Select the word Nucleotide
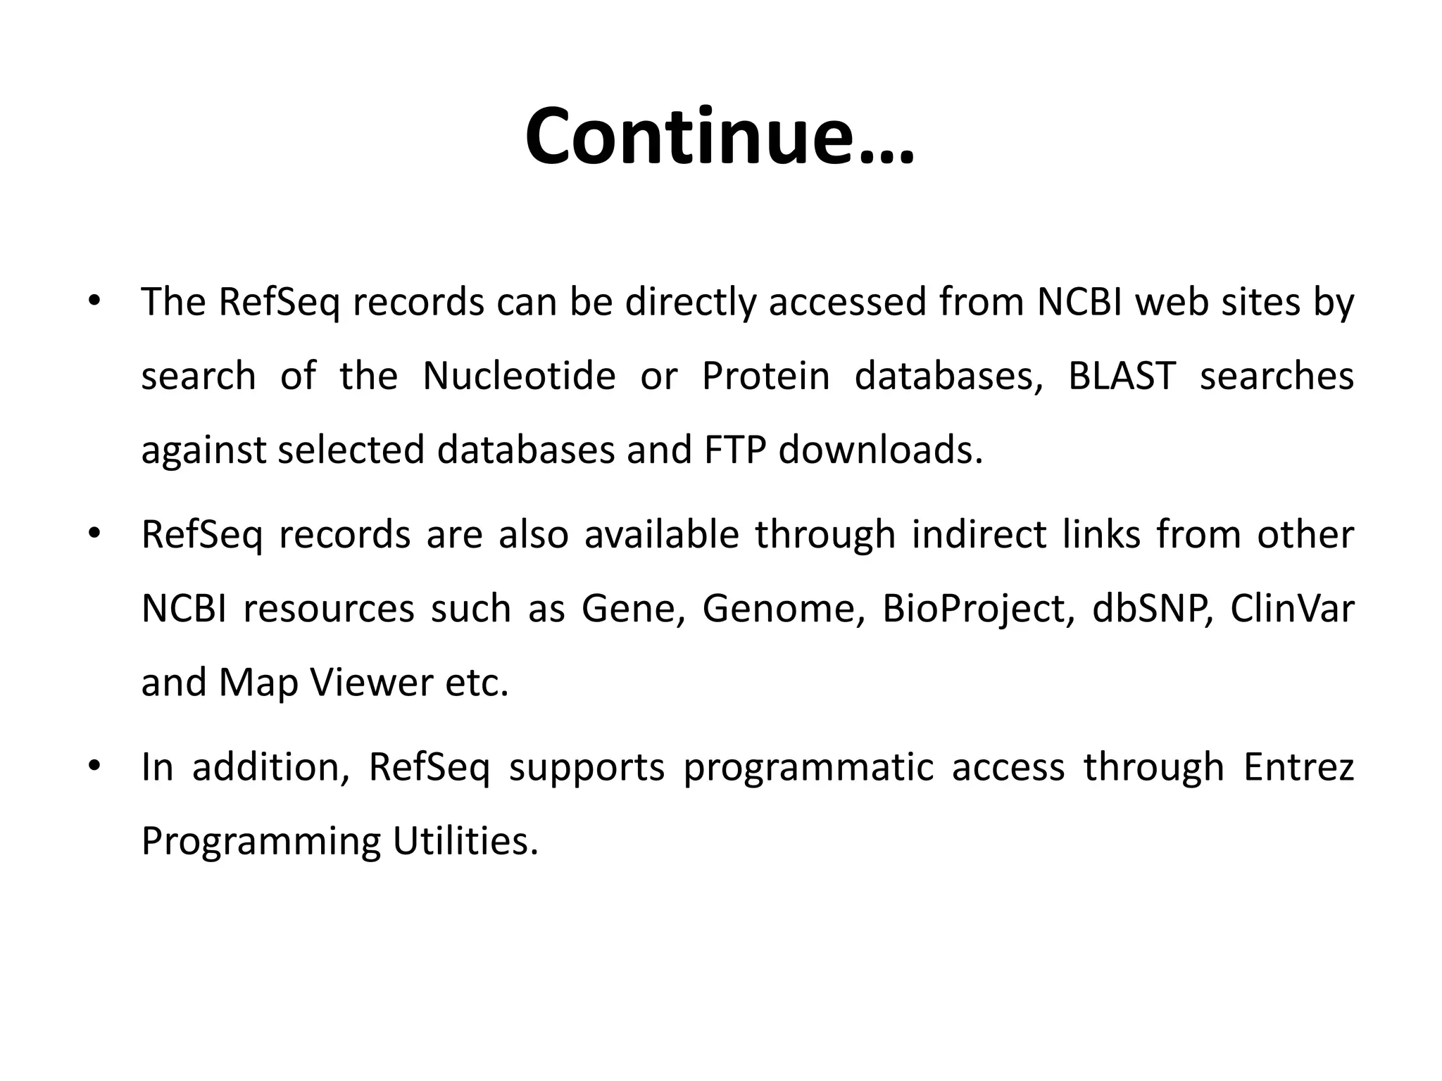519,376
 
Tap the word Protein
766,376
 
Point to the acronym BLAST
1122,376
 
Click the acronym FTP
734,450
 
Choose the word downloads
880,450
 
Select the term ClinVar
1292,608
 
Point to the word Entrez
1298,767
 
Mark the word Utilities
465,840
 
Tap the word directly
689,303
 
